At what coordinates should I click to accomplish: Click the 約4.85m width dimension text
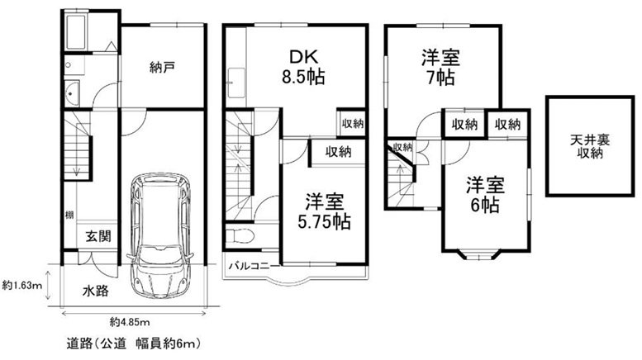tap(129, 321)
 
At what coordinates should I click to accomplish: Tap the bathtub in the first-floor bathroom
tap(77, 33)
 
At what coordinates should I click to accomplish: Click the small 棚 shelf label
tap(69, 217)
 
